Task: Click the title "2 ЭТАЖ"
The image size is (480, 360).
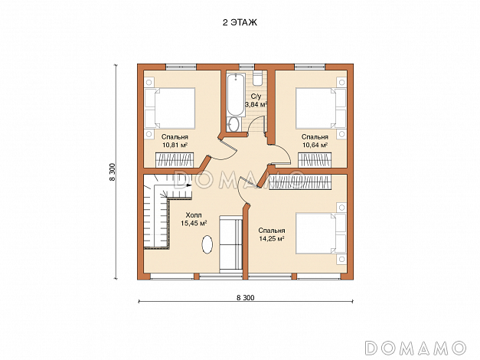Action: [240, 23]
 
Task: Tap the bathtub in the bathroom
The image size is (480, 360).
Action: [236, 95]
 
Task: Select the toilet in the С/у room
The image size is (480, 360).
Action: [257, 77]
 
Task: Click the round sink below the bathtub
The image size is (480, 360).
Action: [234, 125]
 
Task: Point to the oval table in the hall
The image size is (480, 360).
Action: [207, 244]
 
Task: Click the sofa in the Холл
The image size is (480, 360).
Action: [231, 244]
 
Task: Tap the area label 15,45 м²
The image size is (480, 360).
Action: [194, 224]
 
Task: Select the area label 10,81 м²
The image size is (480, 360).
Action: [175, 145]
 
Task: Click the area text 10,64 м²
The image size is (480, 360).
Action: [315, 145]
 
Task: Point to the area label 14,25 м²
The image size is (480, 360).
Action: [272, 239]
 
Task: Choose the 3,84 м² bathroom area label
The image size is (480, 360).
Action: [256, 104]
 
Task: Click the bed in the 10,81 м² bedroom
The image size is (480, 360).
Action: [170, 108]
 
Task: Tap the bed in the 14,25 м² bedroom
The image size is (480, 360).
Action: [321, 234]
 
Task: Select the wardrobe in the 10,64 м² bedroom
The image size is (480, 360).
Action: [315, 161]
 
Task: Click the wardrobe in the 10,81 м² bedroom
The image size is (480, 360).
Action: [175, 160]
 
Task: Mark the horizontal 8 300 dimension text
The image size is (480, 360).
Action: [246, 297]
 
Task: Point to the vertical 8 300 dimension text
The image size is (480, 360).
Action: [113, 172]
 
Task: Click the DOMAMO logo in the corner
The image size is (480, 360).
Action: [416, 348]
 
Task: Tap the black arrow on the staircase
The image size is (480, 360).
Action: [189, 185]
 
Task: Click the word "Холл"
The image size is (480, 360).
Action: [194, 215]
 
